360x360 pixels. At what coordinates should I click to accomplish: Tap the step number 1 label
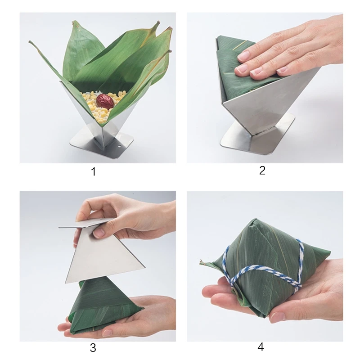coord(93,172)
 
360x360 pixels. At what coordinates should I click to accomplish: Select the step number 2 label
coord(262,171)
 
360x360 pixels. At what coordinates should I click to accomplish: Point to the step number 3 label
coord(93,348)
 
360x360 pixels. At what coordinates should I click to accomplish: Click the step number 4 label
coord(261,347)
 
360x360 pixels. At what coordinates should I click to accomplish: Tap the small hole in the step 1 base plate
coord(119,146)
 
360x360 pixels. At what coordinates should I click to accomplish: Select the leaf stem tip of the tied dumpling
coord(202,261)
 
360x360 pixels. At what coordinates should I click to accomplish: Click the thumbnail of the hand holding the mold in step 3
coord(98,234)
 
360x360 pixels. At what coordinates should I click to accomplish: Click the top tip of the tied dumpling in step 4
coord(253,220)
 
